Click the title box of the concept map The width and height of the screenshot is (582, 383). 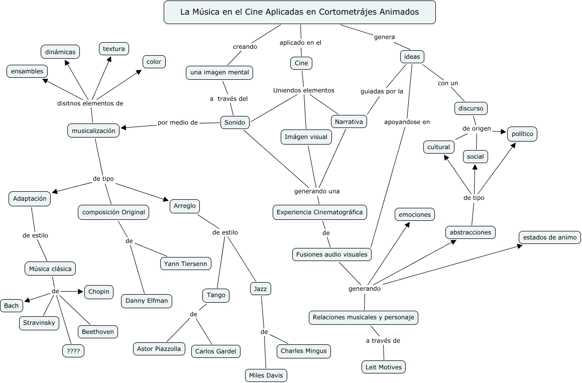coord(299,12)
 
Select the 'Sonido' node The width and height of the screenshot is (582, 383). coord(235,122)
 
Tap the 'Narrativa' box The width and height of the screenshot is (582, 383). coord(349,122)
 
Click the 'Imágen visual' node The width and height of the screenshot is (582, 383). coord(306,137)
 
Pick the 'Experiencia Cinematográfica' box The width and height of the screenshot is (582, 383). coord(319,212)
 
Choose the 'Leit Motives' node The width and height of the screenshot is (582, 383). coord(383,367)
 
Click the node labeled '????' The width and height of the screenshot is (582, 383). coord(73,351)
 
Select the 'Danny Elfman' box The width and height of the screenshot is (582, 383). coord(147,301)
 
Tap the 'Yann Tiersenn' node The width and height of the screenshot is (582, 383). coord(186,264)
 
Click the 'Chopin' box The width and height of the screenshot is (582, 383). coord(99,292)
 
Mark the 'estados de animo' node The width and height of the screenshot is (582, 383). coord(550,237)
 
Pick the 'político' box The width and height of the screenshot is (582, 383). coord(522,134)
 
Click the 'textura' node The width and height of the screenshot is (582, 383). coord(113,49)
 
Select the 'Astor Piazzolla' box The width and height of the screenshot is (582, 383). coord(159,348)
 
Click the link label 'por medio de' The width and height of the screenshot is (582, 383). coord(178,122)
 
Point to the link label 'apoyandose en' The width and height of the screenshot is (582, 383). coord(407,121)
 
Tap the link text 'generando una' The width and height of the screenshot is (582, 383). coord(317,191)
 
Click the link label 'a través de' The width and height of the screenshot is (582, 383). coord(383,341)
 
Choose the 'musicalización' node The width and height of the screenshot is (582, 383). coord(94,131)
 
